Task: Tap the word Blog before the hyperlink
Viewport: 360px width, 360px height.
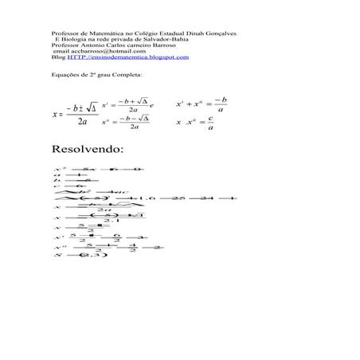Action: (57, 58)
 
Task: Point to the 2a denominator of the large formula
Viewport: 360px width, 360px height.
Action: (83, 121)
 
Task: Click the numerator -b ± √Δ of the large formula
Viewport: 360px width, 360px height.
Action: (82, 108)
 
